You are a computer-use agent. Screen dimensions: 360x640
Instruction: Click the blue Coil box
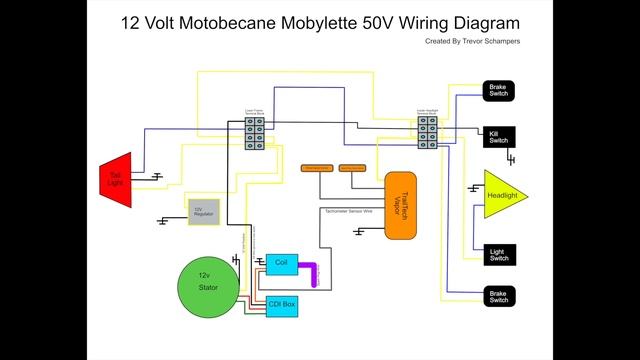(x=281, y=262)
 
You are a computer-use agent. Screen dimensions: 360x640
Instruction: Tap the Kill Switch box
(x=498, y=136)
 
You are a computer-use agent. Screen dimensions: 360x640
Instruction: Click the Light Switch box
(x=498, y=254)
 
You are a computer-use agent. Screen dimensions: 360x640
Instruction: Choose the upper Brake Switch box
(x=498, y=90)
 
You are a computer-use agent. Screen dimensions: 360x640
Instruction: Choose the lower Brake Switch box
(x=498, y=296)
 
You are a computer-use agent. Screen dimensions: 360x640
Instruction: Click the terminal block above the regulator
(x=255, y=134)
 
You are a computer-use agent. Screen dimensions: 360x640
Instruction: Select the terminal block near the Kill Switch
(x=427, y=134)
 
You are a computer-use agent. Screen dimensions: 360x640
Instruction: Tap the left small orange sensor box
(x=317, y=166)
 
